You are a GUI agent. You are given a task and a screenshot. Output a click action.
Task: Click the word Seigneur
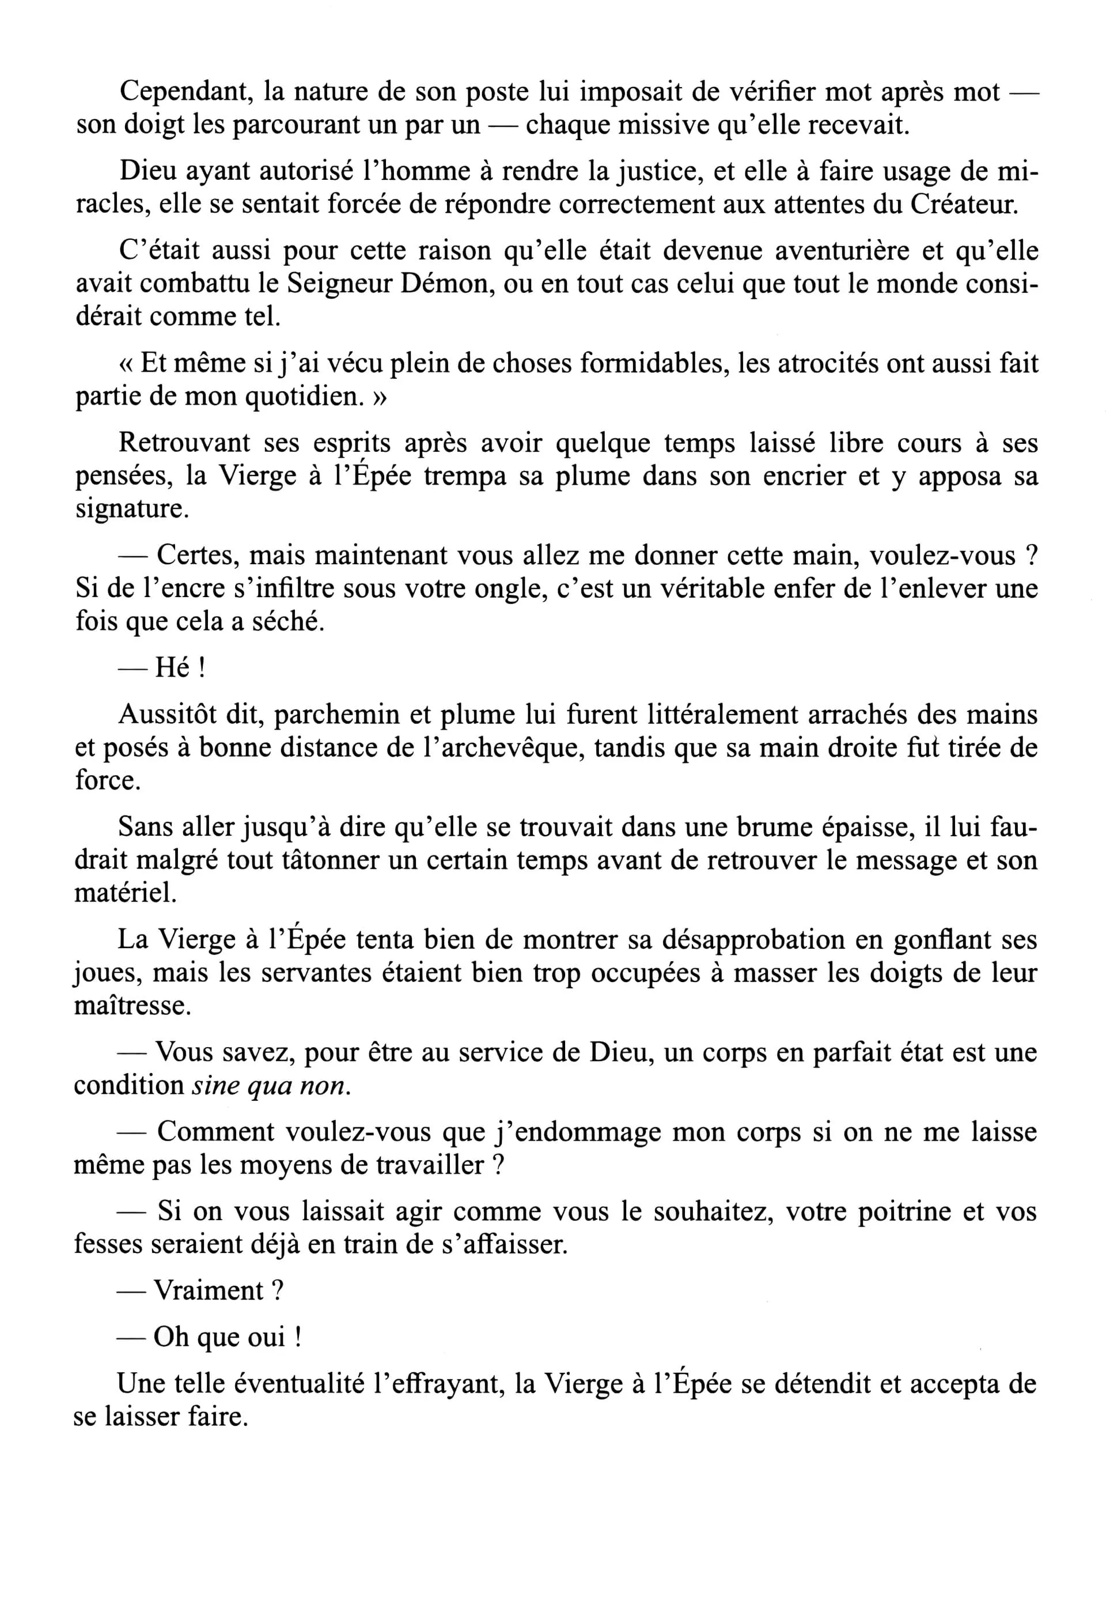(339, 284)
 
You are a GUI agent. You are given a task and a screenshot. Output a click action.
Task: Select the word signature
(132, 509)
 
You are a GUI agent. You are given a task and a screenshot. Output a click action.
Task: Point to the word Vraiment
(209, 1290)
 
